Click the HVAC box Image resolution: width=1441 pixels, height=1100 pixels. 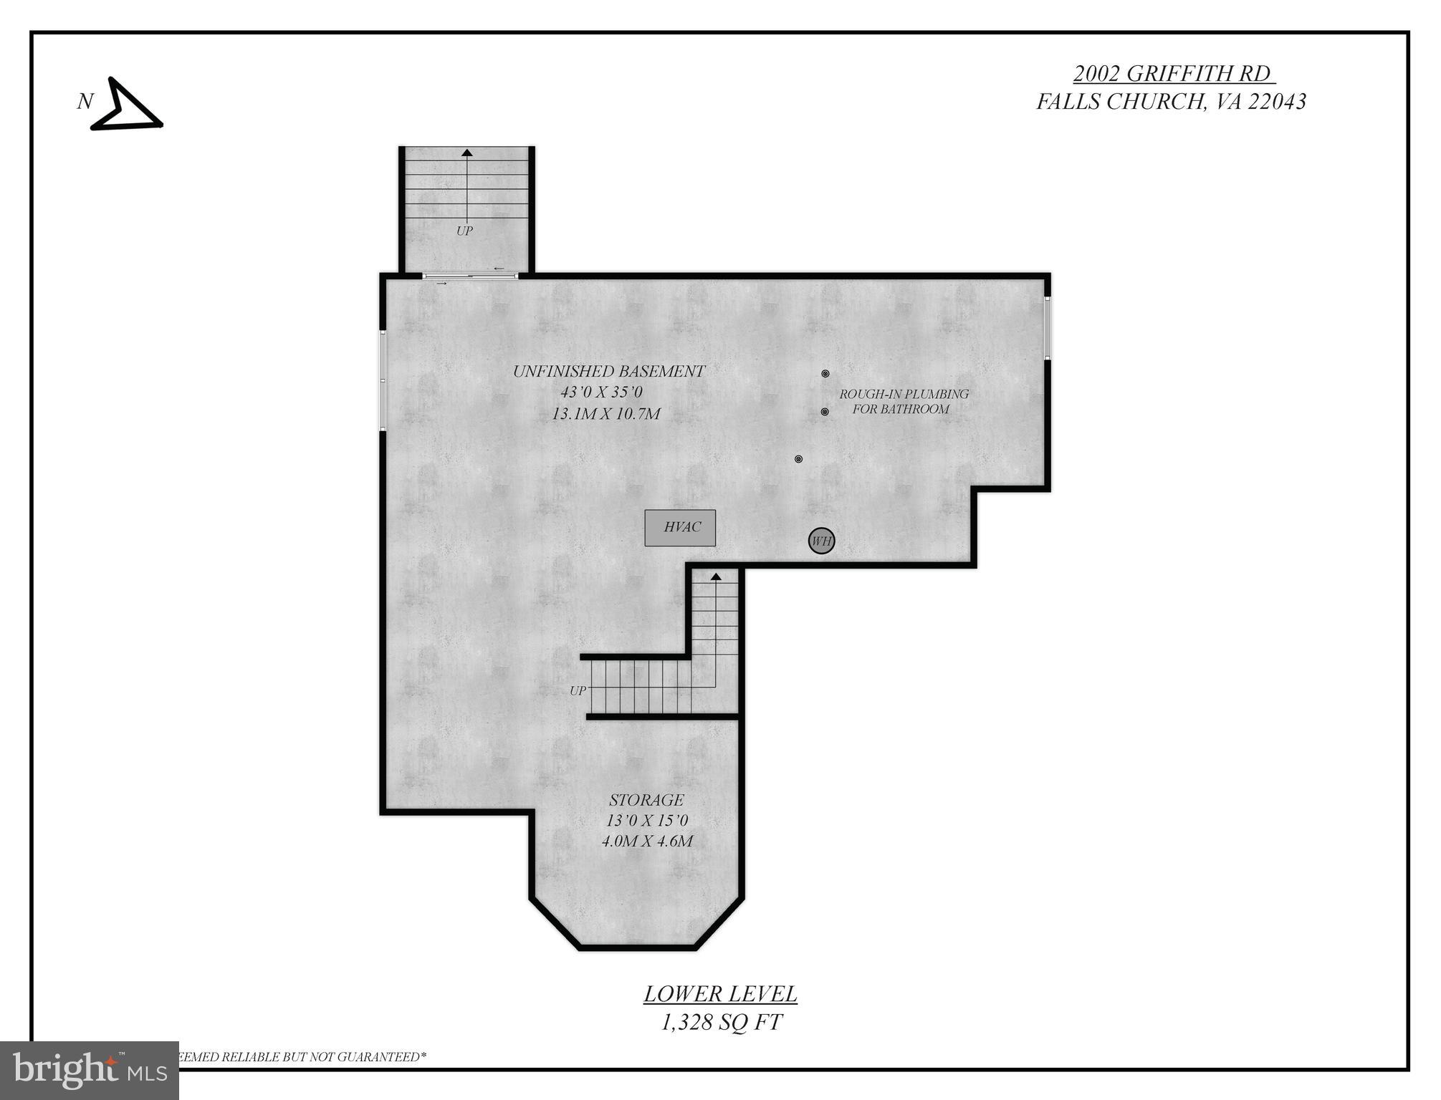679,528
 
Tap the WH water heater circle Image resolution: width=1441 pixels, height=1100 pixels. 821,541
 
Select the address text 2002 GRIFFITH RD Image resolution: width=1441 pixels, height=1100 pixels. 1173,73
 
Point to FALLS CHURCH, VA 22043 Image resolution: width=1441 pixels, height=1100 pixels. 1171,102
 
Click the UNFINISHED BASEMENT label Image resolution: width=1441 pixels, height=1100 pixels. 608,371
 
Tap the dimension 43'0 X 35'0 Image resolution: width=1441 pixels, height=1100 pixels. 601,392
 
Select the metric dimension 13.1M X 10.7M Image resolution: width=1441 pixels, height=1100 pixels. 605,414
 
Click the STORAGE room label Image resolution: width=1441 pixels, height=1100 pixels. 646,800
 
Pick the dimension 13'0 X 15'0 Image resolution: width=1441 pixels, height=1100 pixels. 646,821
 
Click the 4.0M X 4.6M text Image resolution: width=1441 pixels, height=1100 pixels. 646,841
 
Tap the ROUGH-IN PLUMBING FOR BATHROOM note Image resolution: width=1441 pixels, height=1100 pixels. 903,402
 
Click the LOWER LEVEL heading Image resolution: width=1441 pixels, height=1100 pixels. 720,994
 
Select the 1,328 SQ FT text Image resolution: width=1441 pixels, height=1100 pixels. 720,1023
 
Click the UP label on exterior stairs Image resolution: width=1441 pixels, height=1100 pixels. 464,231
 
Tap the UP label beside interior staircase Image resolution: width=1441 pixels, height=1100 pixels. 578,691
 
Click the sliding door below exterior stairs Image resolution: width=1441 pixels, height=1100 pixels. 470,276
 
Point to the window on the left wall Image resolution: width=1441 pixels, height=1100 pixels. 383,380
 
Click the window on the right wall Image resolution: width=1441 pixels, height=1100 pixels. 1047,328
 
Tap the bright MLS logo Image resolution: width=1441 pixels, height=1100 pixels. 90,1071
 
